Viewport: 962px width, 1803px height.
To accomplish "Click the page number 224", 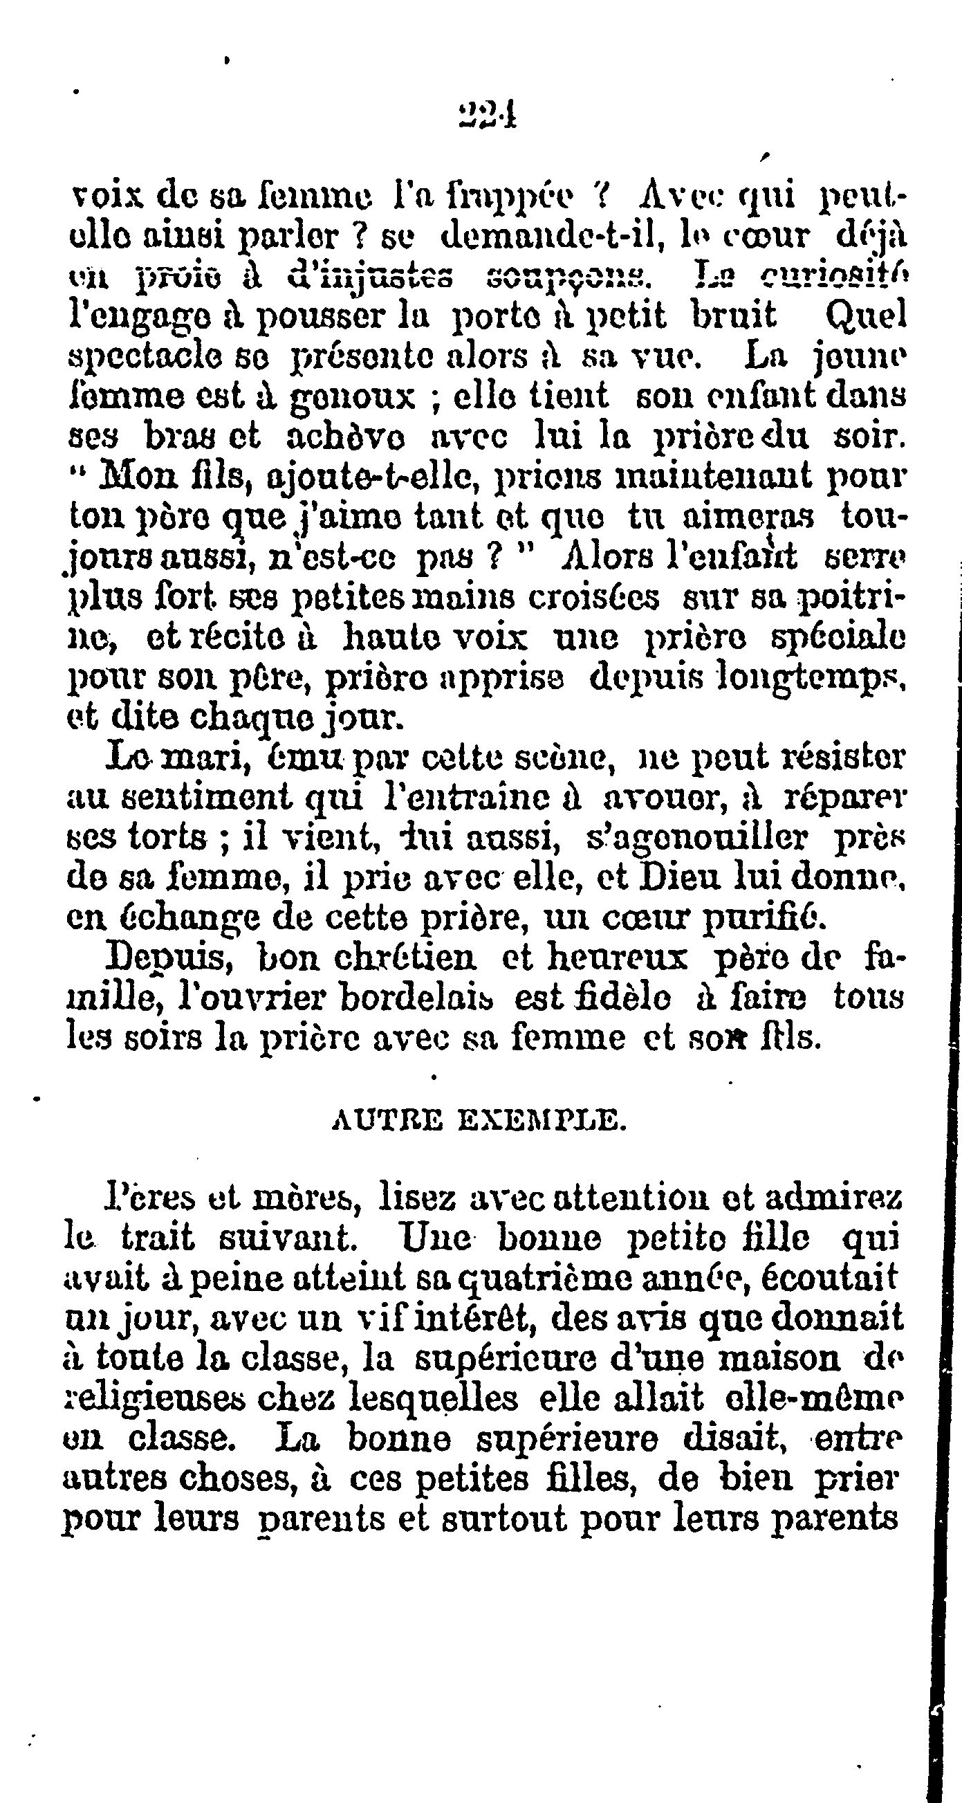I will pyautogui.click(x=488, y=112).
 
